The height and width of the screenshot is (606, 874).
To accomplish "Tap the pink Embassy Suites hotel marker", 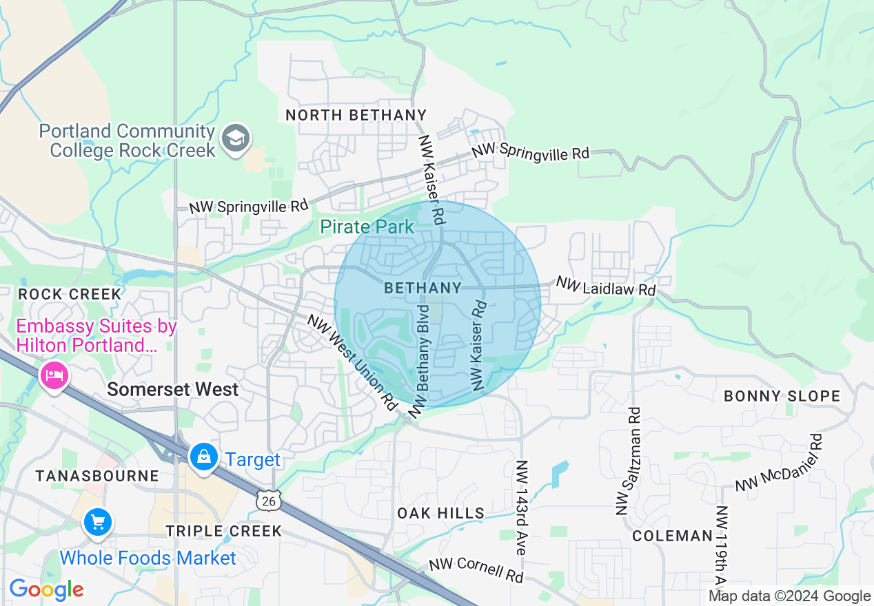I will coord(54,376).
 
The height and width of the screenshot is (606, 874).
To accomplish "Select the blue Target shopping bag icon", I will coord(204,457).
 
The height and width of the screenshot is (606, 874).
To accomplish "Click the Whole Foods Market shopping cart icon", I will coord(97,522).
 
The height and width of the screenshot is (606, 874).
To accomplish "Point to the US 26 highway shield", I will coord(268,501).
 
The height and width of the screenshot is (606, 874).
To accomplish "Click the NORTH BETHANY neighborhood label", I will coord(356,115).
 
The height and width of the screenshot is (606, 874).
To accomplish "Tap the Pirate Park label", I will coord(367,226).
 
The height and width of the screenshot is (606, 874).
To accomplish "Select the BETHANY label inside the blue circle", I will coord(423,288).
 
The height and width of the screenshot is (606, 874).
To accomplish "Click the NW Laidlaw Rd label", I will coord(605,286).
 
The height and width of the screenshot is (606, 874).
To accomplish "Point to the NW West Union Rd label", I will coord(353,363).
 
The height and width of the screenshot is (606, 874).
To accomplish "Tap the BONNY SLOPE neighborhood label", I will coord(782,396).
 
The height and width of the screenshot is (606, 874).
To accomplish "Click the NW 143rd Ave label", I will coord(521,508).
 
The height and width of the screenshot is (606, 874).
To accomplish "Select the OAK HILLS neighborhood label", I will coord(441,513).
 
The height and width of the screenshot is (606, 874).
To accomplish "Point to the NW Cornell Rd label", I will coord(476,570).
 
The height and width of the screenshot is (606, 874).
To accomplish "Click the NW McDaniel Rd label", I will coord(779,463).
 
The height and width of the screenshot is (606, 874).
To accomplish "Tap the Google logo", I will coord(46,590).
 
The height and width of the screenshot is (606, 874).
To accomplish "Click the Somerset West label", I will coord(173,390).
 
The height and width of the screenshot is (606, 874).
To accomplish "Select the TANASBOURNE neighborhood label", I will coord(97,476).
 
